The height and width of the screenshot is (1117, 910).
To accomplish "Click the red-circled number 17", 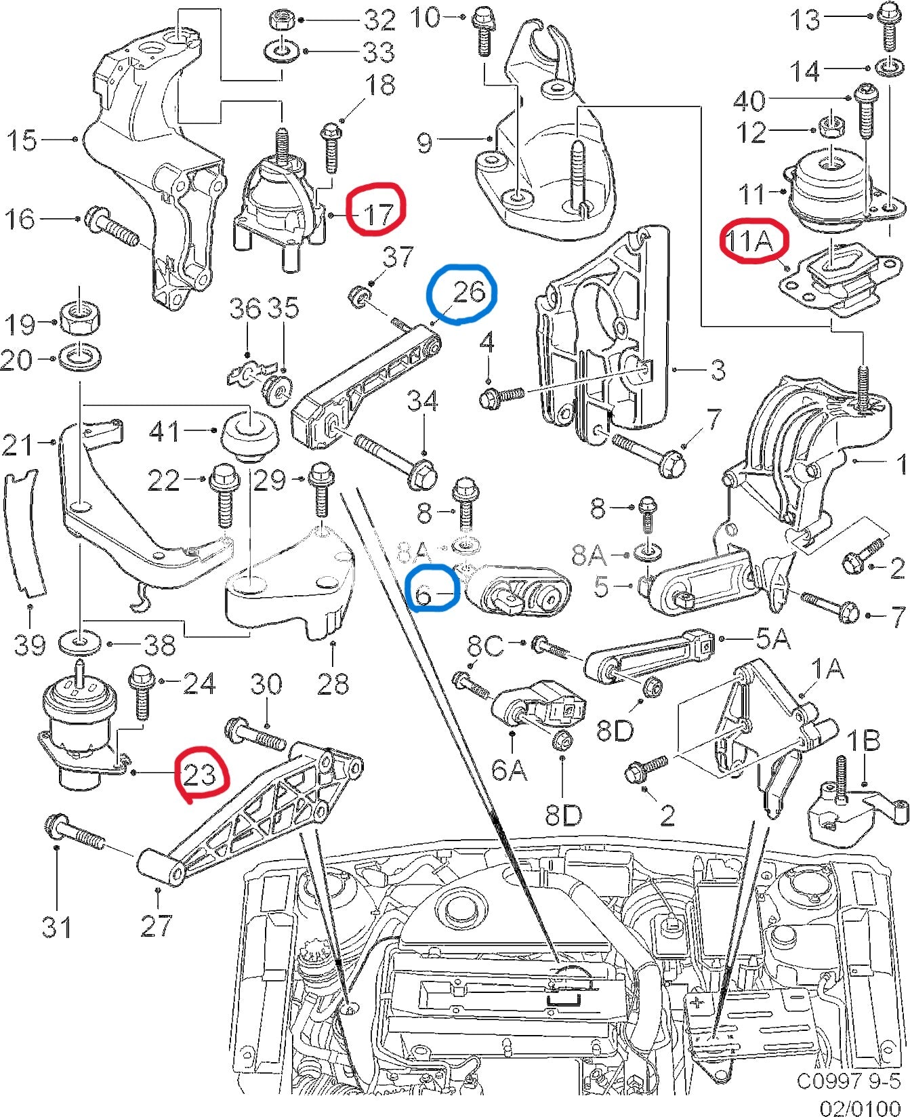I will point(377,214).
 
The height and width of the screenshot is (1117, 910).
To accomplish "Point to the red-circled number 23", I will point(200,773).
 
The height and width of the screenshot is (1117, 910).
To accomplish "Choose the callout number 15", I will point(22,140).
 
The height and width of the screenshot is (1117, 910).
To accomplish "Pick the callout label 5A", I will point(772,639).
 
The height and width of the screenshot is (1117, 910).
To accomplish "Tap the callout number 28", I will point(332,683).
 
